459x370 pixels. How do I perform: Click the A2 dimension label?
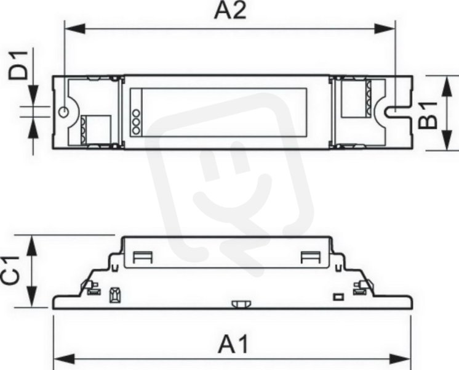point(230,11)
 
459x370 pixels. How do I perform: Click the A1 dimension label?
point(233,345)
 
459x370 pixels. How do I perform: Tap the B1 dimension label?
point(428,115)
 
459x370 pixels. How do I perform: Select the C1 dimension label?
point(10,271)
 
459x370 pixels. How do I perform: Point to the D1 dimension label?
point(18,65)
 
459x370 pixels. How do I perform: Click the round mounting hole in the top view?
point(64,112)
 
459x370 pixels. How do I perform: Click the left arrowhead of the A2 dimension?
point(74,29)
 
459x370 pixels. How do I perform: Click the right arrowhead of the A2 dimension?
point(385,29)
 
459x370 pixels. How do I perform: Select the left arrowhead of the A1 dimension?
point(64,358)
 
